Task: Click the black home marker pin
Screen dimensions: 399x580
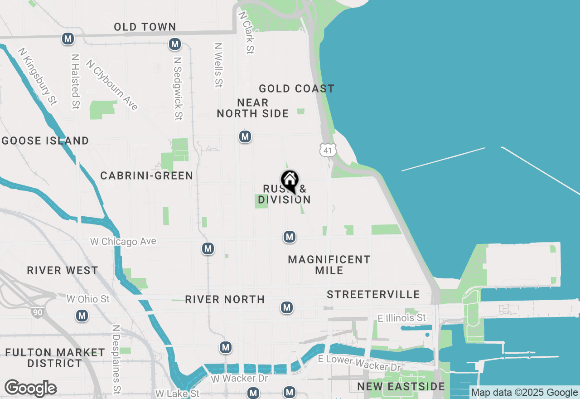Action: click(290, 181)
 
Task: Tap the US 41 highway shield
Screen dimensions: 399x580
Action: click(328, 150)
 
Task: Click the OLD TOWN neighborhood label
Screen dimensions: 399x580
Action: click(145, 27)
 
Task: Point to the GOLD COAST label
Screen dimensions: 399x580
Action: click(296, 88)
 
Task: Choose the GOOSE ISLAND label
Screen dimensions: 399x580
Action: click(45, 141)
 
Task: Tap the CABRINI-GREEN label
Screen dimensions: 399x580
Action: click(147, 175)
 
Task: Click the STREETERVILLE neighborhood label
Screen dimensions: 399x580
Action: click(373, 295)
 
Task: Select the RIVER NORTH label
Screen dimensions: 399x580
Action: click(225, 299)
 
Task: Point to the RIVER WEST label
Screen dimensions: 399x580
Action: click(63, 270)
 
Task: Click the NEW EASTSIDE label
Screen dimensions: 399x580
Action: click(401, 386)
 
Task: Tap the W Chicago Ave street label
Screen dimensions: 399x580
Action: click(123, 241)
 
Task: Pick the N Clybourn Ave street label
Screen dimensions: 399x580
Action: click(111, 85)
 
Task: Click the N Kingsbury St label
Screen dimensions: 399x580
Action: click(38, 76)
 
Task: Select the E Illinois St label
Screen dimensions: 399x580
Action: click(401, 318)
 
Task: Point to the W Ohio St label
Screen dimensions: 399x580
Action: click(88, 299)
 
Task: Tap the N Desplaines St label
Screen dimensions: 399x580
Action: click(116, 359)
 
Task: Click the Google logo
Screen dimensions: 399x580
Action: click(30, 389)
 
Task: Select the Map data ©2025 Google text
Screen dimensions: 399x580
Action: click(524, 393)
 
